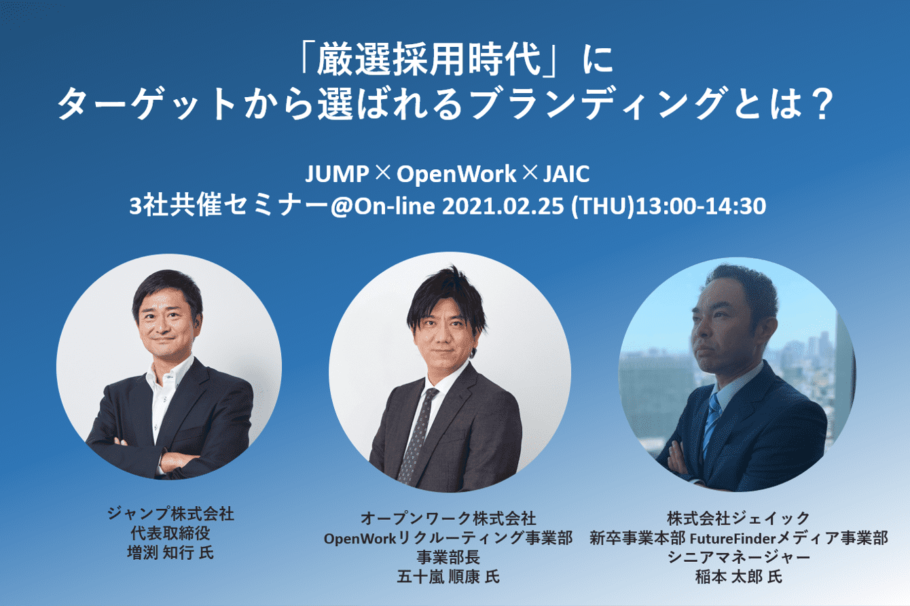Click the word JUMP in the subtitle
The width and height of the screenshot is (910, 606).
337,174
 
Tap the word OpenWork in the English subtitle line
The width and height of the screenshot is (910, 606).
456,175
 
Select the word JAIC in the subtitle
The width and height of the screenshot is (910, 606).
566,174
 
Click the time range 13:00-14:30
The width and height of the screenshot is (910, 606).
701,206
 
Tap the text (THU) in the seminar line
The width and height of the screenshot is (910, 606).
603,207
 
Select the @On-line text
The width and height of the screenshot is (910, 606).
383,206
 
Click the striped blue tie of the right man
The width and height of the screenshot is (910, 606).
712,423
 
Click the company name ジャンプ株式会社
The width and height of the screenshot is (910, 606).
170,514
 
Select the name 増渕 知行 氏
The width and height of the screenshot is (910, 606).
170,553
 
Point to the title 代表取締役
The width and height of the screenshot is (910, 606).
170,533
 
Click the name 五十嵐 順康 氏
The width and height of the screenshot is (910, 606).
448,577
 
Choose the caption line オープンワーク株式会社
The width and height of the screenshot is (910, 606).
448,518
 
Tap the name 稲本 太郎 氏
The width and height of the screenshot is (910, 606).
739,577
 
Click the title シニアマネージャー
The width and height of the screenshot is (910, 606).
739,557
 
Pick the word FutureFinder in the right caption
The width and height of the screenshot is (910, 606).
733,539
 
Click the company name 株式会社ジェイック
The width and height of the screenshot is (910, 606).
739,518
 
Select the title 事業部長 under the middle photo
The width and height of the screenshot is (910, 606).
448,557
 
